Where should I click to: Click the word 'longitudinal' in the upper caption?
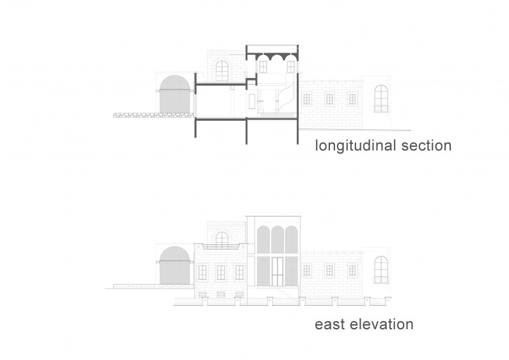click(x=356, y=146)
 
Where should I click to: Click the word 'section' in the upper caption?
click(x=427, y=146)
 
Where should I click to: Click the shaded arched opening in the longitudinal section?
click(x=175, y=94)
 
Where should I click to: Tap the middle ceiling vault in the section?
click(x=278, y=57)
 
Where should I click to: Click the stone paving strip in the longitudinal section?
click(x=153, y=115)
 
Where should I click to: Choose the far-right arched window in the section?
click(x=381, y=98)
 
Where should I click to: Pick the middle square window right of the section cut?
click(x=329, y=99)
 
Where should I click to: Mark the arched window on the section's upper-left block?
click(x=222, y=71)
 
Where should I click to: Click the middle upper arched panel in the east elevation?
click(x=278, y=240)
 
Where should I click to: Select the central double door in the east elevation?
click(x=278, y=272)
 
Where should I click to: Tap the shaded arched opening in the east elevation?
click(x=175, y=265)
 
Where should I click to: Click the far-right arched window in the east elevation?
click(x=381, y=270)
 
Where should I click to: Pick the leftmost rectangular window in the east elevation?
click(x=202, y=272)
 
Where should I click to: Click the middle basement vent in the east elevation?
click(x=221, y=294)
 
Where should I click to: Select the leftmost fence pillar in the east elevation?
click(x=205, y=301)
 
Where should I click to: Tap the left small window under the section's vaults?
click(x=263, y=67)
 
